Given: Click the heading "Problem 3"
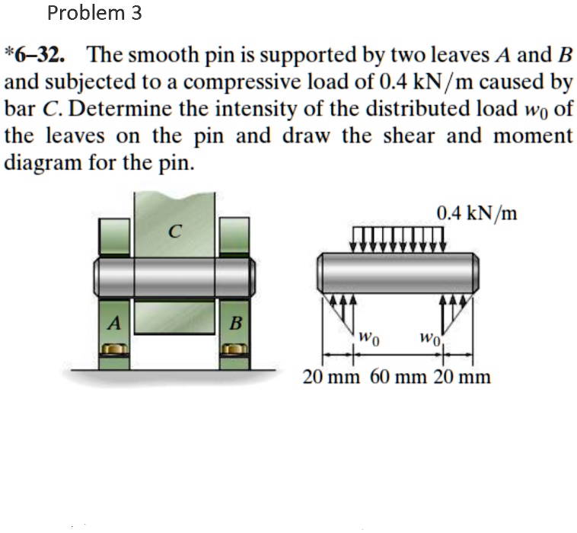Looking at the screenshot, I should pos(94,13).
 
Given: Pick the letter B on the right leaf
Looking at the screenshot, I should pos(234,322).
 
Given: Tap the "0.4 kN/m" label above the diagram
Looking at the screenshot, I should pos(477,214).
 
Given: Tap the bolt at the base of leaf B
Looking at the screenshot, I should pos(234,349).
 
